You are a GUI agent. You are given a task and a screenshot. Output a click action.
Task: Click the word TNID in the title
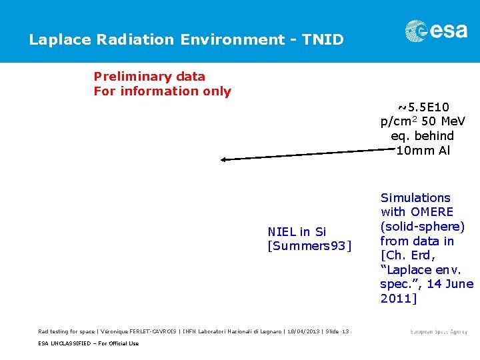323,40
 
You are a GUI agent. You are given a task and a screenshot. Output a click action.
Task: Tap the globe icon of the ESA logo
417,31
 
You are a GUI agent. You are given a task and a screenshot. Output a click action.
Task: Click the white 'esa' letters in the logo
449,31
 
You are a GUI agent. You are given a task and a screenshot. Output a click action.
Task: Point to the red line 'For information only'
162,91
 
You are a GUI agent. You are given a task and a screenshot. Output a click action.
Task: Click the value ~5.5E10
423,107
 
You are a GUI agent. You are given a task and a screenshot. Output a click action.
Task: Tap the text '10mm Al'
423,151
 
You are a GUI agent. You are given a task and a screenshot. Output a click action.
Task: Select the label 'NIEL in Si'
297,232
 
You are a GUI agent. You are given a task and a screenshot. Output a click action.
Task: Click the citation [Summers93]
308,246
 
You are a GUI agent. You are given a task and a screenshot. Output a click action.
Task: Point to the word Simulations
415,198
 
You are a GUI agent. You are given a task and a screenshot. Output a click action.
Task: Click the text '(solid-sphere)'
422,227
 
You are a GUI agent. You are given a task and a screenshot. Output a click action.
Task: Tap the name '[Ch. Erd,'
407,256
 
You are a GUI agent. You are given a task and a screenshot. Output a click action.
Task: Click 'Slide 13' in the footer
336,332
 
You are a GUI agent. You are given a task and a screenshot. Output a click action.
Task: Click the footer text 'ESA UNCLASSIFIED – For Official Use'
88,343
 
